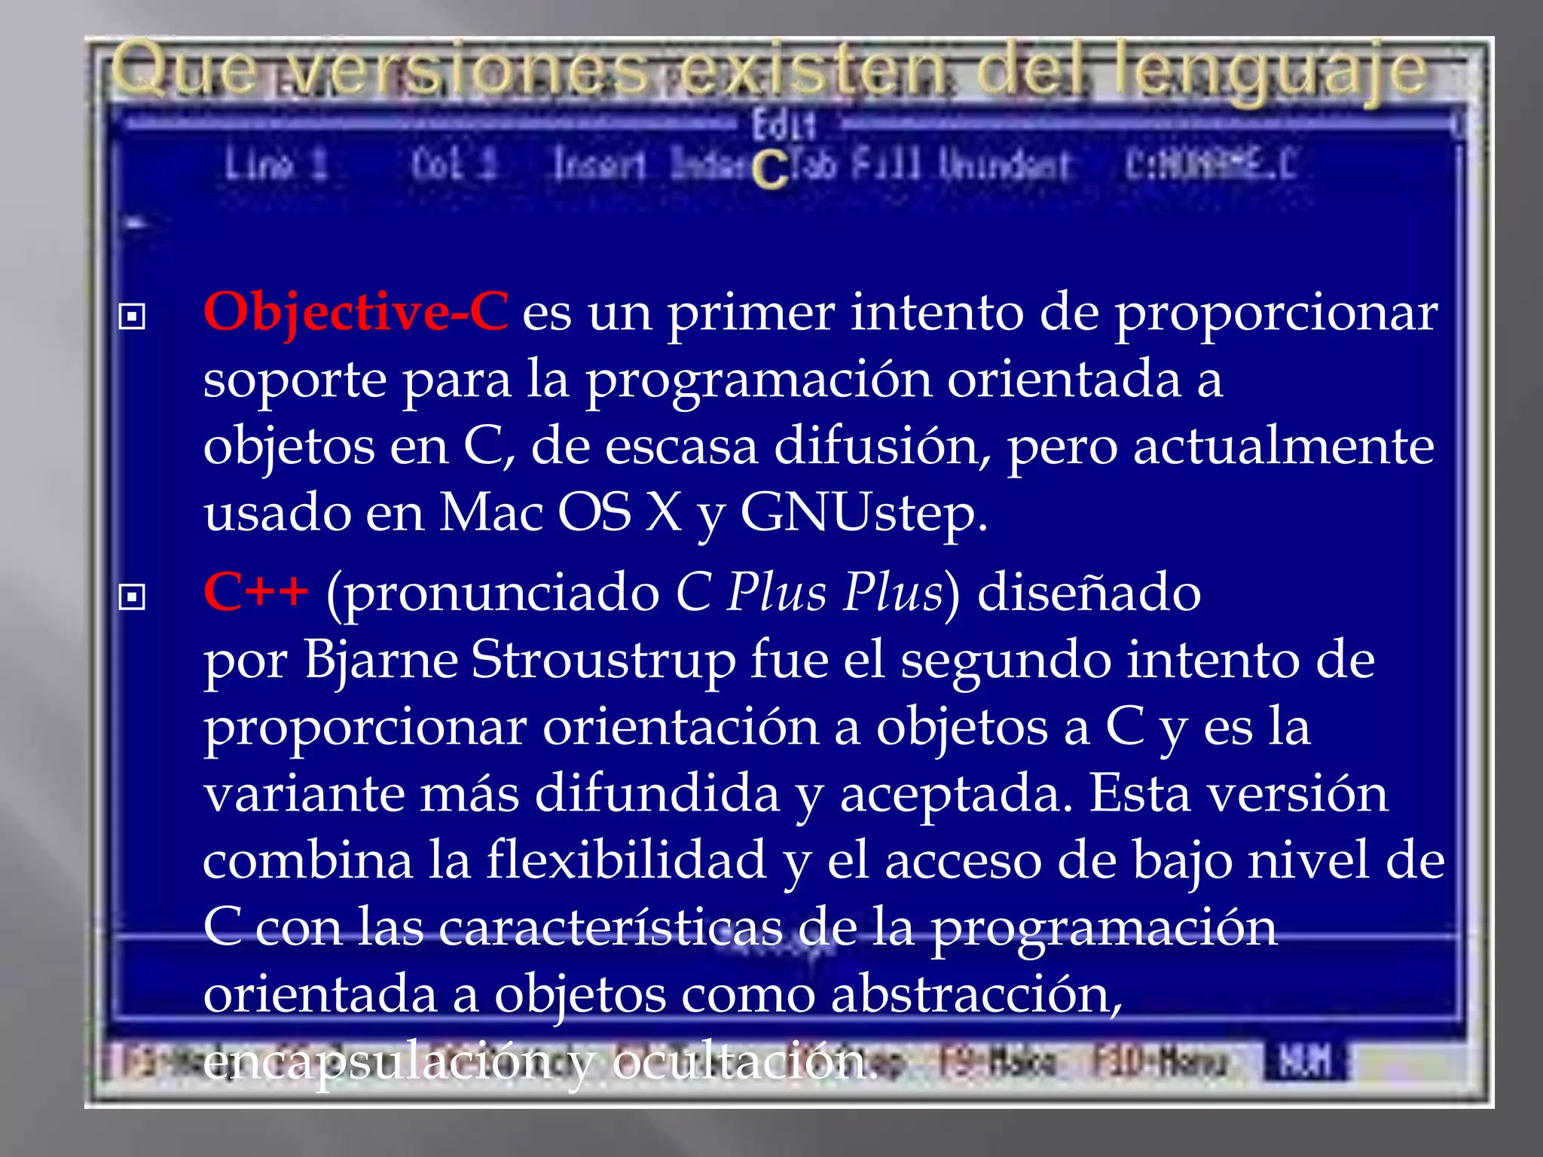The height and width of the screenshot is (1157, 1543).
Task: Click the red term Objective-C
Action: tap(356, 311)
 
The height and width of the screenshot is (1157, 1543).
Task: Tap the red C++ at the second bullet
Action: tap(255, 591)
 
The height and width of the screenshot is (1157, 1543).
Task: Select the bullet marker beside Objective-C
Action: tap(132, 316)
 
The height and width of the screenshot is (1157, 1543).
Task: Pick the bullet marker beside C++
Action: tap(132, 597)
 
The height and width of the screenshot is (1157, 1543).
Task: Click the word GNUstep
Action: tap(863, 514)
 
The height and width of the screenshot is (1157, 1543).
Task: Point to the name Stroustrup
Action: tap(603, 660)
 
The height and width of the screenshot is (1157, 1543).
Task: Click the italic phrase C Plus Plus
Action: tap(809, 592)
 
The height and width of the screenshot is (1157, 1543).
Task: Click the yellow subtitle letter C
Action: tap(769, 170)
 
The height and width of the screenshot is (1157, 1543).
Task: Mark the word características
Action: tap(610, 927)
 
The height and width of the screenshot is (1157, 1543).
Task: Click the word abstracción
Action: tap(976, 994)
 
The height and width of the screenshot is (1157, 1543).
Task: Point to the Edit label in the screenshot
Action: tap(784, 124)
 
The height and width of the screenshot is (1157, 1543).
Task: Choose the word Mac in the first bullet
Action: tap(490, 514)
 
